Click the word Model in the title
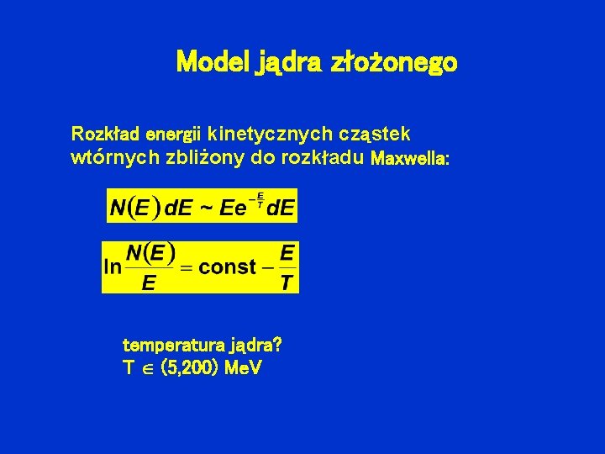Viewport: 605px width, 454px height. pyautogui.click(x=212, y=62)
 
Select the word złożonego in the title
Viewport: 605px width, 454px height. pyautogui.click(x=394, y=63)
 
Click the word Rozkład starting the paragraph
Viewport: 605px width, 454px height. pyautogui.click(x=105, y=134)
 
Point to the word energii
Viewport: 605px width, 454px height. pyautogui.click(x=173, y=135)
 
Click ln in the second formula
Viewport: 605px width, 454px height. pyautogui.click(x=113, y=267)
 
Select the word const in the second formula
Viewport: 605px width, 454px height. pyautogui.click(x=228, y=267)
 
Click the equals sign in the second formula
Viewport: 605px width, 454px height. pyautogui.click(x=187, y=267)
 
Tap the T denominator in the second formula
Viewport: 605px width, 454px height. pyautogui.click(x=287, y=283)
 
